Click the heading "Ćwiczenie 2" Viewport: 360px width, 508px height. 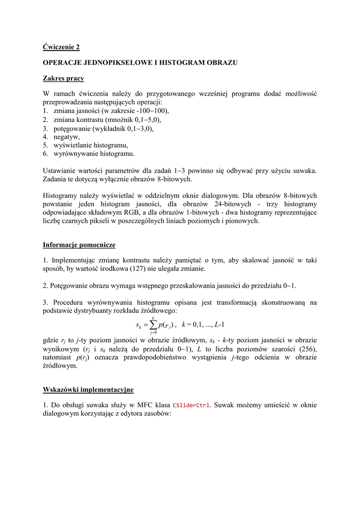click(61, 47)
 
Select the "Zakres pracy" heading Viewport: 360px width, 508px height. click(63, 78)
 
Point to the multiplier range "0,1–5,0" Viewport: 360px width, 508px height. click(144, 120)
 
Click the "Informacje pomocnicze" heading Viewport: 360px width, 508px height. click(79, 245)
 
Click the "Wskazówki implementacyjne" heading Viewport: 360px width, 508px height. click(88, 389)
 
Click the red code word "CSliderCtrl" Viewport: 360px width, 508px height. click(191, 406)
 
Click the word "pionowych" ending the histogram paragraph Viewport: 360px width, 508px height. click(243, 221)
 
